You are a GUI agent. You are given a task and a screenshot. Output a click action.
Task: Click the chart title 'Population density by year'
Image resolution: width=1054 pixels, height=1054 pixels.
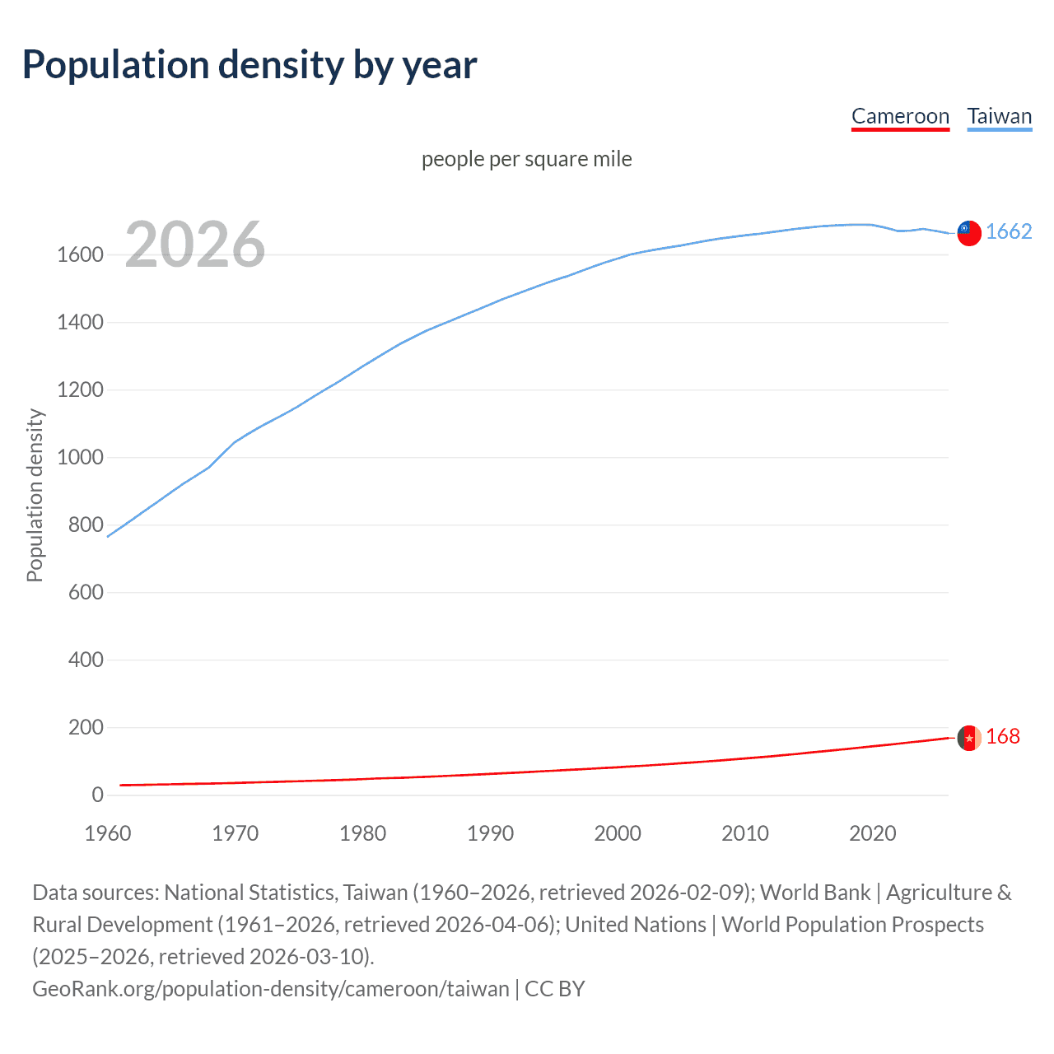coord(250,65)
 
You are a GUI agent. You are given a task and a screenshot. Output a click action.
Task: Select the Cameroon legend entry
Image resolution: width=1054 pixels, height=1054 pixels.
coord(900,116)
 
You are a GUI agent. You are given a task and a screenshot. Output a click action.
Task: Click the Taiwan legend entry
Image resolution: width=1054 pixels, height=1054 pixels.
coord(999,116)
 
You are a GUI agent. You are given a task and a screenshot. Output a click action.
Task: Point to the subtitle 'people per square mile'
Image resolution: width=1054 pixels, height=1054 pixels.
coord(527,159)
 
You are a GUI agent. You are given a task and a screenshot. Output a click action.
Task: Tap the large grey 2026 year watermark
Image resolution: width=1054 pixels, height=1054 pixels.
coord(195,245)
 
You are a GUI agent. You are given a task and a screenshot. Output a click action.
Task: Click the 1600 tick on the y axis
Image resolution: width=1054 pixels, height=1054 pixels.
coord(80,255)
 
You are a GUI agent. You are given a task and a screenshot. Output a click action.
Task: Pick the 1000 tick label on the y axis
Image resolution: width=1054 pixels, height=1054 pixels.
coord(80,458)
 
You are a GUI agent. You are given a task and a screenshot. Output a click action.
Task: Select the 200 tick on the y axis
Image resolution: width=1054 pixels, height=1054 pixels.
coord(86,728)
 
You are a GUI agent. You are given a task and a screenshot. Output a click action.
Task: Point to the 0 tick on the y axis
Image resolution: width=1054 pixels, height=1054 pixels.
coord(97,795)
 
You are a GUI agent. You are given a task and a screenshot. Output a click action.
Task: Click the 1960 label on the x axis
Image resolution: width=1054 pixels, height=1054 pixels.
coord(108,833)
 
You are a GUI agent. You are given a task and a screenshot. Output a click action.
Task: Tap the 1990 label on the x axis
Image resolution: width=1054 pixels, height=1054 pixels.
coord(490,833)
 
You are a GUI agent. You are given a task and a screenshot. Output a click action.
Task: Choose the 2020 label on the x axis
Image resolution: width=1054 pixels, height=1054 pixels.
coord(872,833)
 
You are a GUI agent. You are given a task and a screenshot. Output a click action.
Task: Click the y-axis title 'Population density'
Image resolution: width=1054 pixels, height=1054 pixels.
coord(35,496)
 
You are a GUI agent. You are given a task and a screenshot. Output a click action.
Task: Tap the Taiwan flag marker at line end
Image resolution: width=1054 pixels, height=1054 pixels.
coord(969,233)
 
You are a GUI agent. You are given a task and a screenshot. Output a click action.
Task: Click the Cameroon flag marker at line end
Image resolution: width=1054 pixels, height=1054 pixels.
coord(969,738)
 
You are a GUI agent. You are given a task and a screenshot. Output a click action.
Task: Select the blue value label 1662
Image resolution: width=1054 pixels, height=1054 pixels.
coord(1009,232)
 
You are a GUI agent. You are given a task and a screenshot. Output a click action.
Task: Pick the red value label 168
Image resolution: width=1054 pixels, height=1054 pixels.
coord(1003,737)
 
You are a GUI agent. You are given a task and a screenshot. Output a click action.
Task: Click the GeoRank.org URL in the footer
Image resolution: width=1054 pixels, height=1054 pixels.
coord(270,989)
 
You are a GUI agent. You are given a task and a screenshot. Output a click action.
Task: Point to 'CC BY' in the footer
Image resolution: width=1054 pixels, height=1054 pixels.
coord(555,989)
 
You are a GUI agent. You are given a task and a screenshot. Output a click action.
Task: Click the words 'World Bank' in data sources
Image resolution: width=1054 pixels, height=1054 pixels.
coord(815,893)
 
